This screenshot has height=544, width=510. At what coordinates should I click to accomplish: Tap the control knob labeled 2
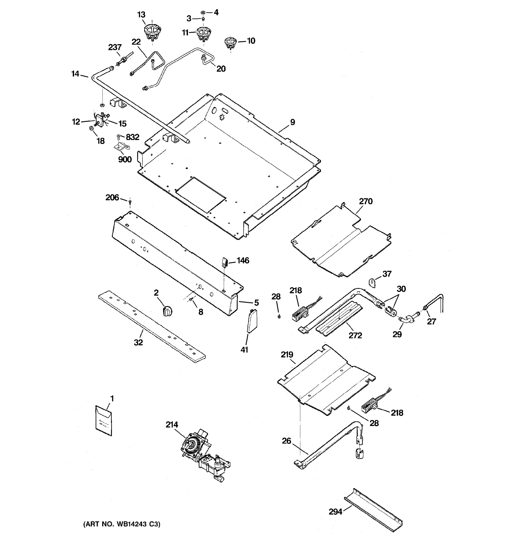[x=167, y=311]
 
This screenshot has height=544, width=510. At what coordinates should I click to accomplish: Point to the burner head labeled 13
[x=152, y=32]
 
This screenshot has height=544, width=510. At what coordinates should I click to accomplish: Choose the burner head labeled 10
[x=230, y=43]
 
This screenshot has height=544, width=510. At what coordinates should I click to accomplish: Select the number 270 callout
[x=366, y=202]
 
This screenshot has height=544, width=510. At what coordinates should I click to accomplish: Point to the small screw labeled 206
[x=130, y=202]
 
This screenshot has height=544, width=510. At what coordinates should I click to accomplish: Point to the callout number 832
[x=132, y=137]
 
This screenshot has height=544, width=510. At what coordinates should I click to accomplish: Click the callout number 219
[x=287, y=355]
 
